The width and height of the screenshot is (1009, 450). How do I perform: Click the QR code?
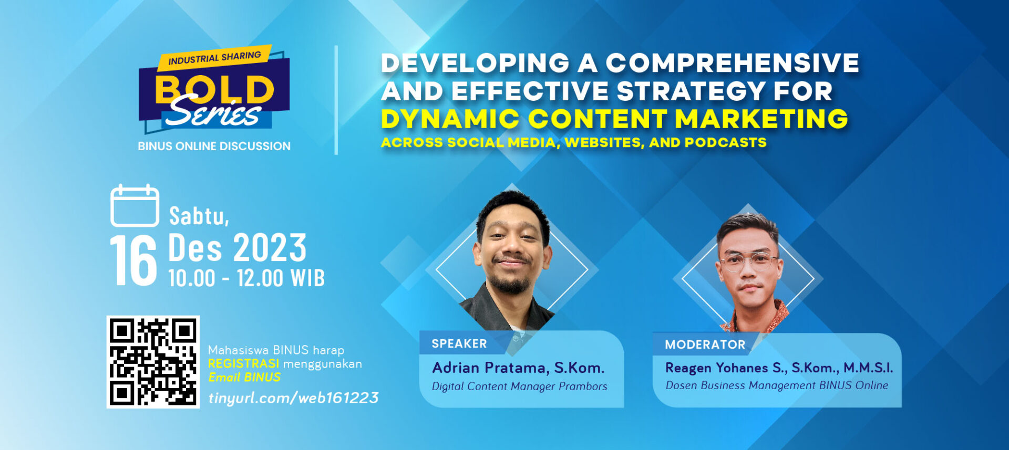153,362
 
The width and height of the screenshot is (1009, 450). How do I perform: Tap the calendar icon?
135,206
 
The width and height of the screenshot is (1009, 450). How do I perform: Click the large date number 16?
133,260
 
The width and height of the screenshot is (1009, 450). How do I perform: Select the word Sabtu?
198,216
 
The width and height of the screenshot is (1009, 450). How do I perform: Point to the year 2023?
270,248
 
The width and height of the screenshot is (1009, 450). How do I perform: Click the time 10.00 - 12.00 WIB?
246,278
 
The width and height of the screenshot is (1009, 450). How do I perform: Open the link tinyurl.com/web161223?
293,397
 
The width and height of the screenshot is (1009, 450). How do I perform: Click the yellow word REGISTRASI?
243,363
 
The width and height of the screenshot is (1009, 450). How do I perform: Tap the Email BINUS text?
244,377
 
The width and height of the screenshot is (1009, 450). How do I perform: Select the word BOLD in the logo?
214,89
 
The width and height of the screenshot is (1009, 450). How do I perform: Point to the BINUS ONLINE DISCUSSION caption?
214,146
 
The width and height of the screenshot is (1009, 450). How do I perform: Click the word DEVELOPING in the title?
475,63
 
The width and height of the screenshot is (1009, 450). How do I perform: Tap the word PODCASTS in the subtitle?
725,142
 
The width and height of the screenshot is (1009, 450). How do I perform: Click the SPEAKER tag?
459,343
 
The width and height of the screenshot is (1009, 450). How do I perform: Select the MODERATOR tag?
705,344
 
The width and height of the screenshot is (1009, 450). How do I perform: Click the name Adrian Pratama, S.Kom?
518,368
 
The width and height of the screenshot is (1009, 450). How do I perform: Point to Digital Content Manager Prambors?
519,386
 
